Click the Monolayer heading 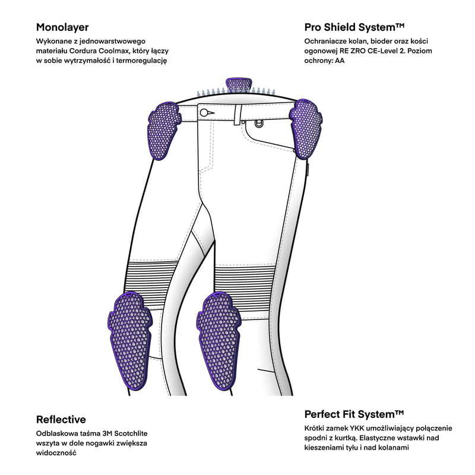tap(62, 27)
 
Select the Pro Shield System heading tap(354, 27)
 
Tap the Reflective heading tap(61, 419)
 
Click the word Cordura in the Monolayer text tap(94, 51)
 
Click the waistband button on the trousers tap(205, 112)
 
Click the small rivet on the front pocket tap(258, 123)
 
